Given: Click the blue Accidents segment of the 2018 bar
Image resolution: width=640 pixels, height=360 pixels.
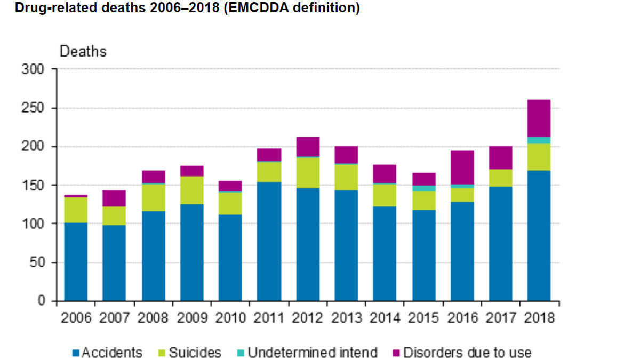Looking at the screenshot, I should click(x=539, y=235).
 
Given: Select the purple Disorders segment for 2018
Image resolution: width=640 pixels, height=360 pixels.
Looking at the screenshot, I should click(x=539, y=118).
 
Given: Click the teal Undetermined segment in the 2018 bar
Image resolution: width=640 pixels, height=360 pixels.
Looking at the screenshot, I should click(x=539, y=140).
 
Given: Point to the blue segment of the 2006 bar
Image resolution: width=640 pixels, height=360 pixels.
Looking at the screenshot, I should click(x=76, y=261).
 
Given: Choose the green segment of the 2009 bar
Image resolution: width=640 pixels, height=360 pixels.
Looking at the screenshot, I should click(x=191, y=190).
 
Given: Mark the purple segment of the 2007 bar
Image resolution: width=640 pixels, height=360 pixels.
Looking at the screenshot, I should click(x=114, y=198).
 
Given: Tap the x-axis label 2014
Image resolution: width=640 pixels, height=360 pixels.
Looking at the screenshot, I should click(x=385, y=318).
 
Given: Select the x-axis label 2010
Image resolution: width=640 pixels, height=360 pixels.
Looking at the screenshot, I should click(x=230, y=318).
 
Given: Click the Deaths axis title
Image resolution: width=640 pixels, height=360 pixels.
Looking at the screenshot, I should click(x=83, y=52).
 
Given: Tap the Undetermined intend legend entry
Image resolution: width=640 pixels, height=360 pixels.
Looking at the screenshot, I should click(x=312, y=353).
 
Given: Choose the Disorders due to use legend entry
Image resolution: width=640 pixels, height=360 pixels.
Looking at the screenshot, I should click(x=467, y=353).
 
